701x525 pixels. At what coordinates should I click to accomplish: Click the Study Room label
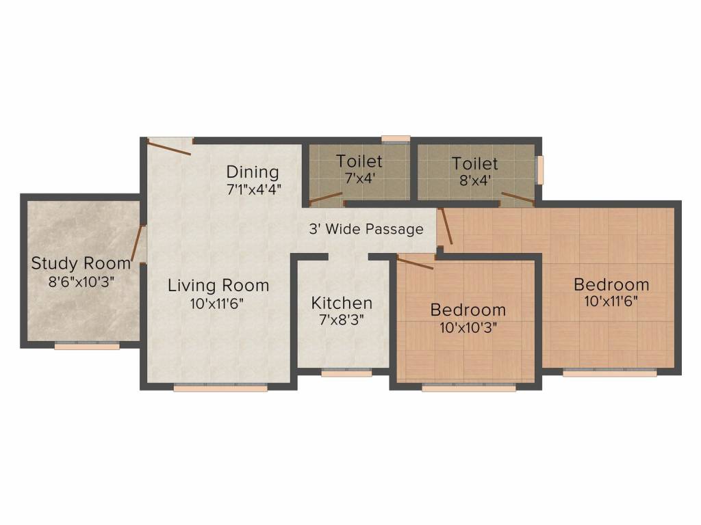click(81, 263)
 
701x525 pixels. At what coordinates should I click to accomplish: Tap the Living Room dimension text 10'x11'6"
click(217, 304)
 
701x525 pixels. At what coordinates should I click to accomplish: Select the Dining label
click(253, 172)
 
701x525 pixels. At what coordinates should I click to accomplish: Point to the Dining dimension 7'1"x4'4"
click(254, 190)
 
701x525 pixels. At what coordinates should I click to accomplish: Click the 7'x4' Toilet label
click(359, 161)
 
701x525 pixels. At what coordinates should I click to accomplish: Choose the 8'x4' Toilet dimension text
click(475, 180)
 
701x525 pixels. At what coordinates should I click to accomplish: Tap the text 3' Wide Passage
click(366, 229)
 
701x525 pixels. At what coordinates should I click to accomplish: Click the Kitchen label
click(342, 303)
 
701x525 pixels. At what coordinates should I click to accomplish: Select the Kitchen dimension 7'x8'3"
click(342, 320)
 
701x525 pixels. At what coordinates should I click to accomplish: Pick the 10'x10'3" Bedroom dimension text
click(468, 327)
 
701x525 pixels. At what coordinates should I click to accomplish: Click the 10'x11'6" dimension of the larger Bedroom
click(611, 301)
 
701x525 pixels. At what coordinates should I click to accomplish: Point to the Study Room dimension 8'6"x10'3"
click(81, 282)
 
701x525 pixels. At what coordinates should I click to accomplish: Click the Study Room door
click(137, 243)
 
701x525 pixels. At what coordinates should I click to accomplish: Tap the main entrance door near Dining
click(169, 148)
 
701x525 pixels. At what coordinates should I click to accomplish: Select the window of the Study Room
click(87, 345)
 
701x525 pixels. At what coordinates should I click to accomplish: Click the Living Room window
click(220, 388)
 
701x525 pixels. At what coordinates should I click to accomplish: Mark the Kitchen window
click(346, 373)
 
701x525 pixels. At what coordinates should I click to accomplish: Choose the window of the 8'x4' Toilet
click(541, 170)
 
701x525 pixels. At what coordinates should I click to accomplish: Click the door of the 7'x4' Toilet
click(326, 198)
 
